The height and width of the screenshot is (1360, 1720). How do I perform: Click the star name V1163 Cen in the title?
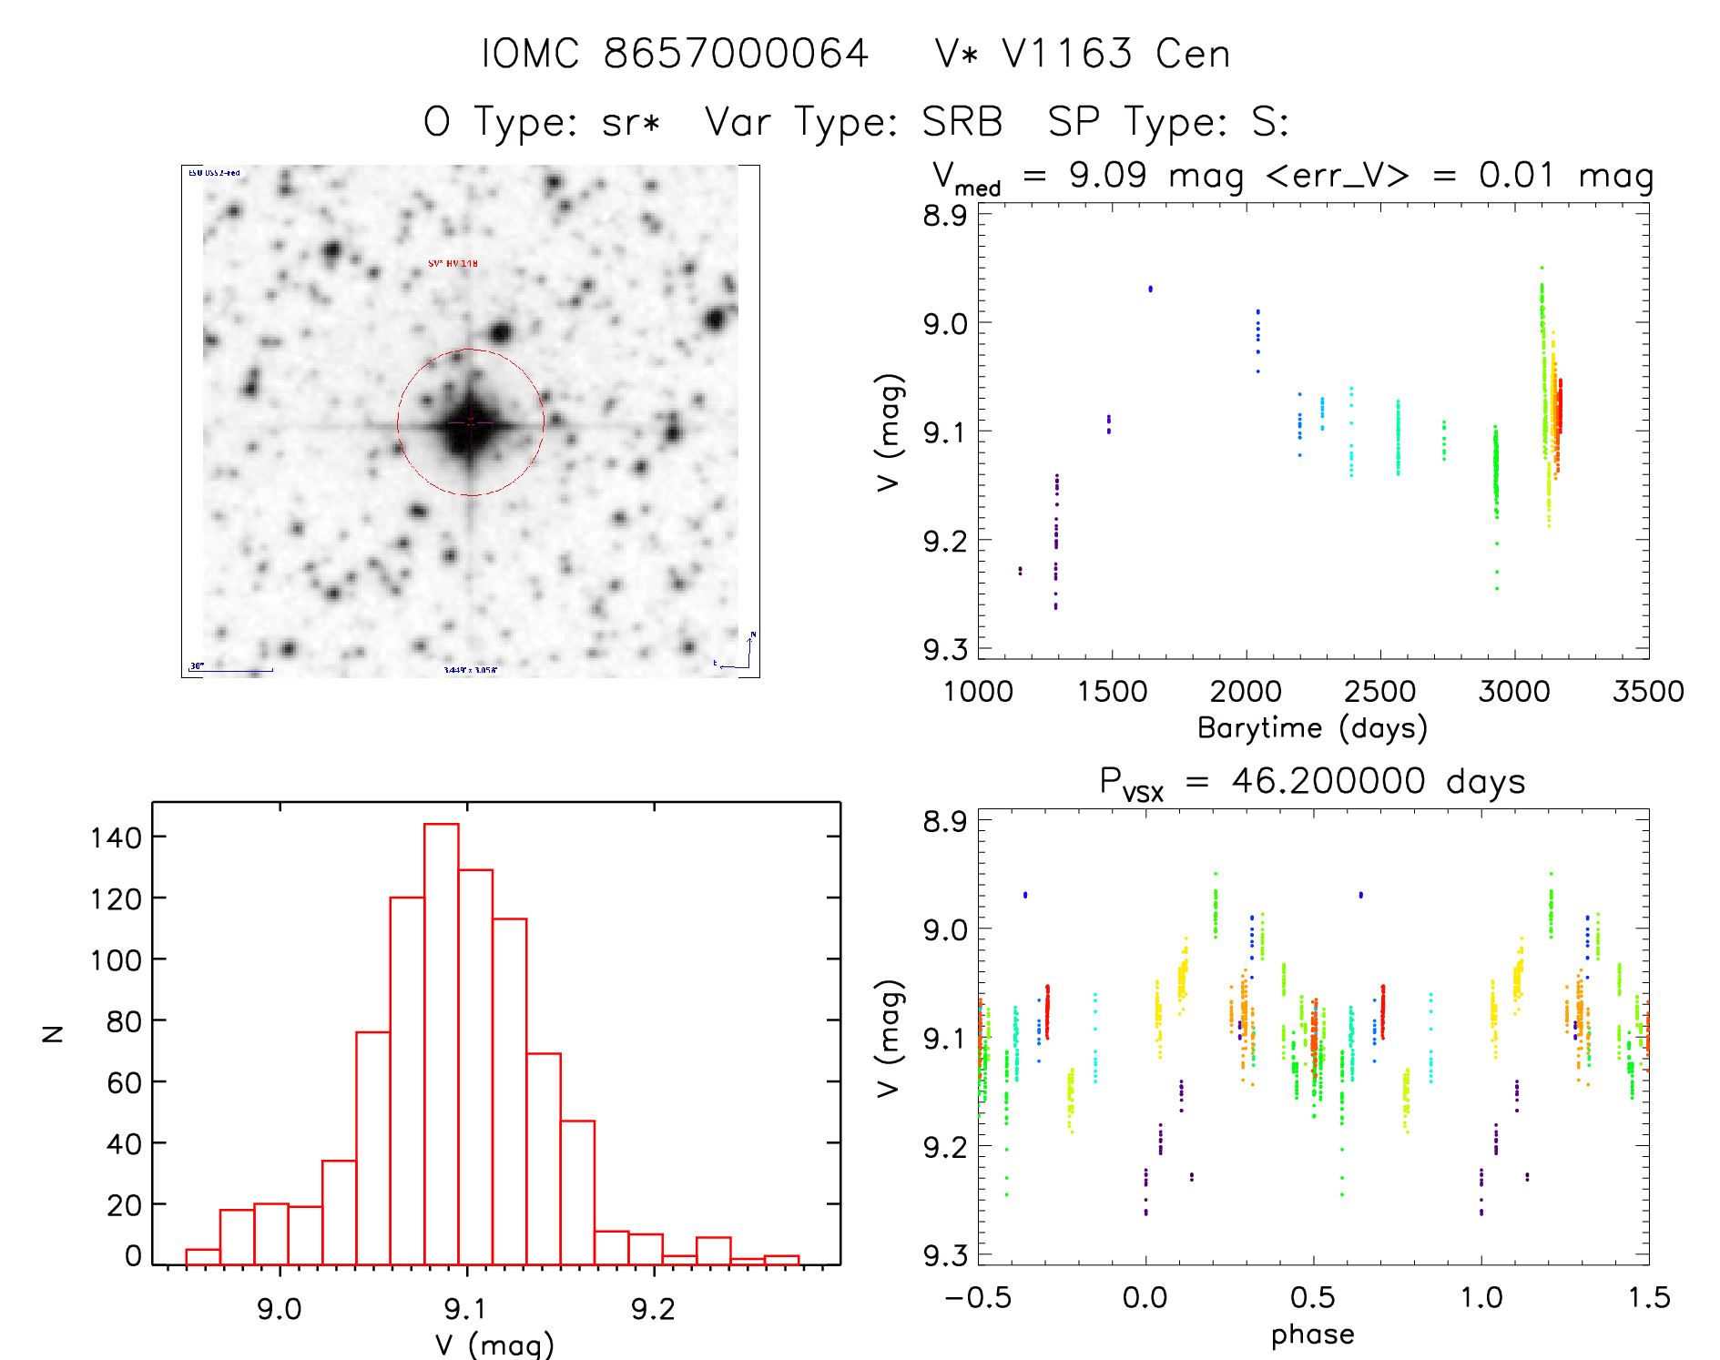coord(1083,54)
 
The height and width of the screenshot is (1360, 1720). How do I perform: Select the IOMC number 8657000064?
coord(736,54)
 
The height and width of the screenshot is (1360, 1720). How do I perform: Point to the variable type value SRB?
coord(962,122)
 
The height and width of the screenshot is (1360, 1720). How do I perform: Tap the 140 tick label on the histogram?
coord(116,837)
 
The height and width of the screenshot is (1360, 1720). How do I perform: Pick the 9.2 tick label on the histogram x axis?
coord(653,1309)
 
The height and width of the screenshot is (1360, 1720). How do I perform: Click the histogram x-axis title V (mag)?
coord(494,1345)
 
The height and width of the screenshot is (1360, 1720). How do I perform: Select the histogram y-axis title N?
coord(54,1033)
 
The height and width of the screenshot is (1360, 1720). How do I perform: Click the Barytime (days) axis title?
coord(1312,728)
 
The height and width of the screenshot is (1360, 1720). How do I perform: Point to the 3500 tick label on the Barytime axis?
coord(1648,692)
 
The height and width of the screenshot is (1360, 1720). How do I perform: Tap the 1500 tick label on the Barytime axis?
coord(1112,692)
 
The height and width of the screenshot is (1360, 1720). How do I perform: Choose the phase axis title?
coord(1312,1335)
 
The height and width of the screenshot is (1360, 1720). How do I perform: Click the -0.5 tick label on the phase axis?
coord(978,1298)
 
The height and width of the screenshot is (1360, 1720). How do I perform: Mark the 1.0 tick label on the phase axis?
coord(1481,1298)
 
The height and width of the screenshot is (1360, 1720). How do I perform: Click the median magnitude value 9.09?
coord(1107,175)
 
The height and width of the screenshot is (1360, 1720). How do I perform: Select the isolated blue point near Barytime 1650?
coord(1151,289)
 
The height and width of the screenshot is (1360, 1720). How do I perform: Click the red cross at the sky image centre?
coord(471,421)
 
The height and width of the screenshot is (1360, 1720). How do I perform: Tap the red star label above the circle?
coord(453,264)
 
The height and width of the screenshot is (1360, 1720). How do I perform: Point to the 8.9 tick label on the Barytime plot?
coord(944,216)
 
